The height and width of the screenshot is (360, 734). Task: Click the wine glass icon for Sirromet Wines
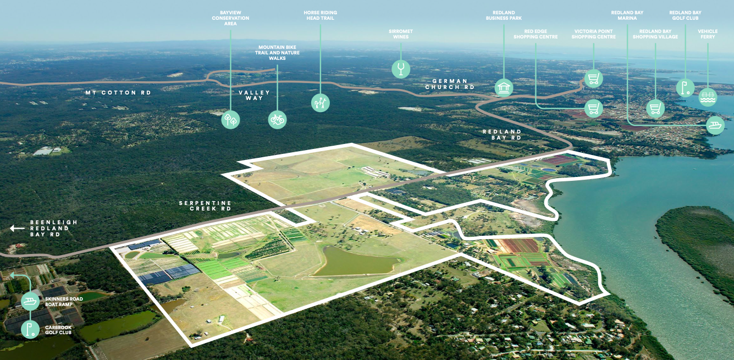click(x=401, y=69)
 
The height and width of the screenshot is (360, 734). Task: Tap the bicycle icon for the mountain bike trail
click(x=277, y=120)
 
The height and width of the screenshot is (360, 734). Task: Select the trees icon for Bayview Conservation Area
click(x=230, y=120)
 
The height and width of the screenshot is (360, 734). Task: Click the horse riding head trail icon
click(x=320, y=103)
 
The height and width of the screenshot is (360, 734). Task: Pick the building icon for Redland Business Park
click(x=504, y=87)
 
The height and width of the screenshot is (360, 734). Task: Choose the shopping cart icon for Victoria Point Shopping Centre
click(x=593, y=79)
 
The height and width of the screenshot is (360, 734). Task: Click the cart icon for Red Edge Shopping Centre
click(x=593, y=108)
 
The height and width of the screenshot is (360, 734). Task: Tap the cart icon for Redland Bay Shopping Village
click(x=655, y=108)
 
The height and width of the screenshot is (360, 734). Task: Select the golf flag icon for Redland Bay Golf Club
click(x=685, y=88)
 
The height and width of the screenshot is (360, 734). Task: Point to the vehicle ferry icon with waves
click(x=708, y=97)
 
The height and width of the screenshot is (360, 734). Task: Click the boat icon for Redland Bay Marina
click(x=715, y=125)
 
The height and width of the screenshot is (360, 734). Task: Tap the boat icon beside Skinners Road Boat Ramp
click(x=30, y=301)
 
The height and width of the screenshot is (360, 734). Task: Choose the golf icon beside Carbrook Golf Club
click(x=30, y=329)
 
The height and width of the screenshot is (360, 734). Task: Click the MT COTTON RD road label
click(x=118, y=93)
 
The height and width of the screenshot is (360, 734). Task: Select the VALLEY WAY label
click(x=254, y=95)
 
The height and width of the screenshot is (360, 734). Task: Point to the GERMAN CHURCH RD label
click(x=450, y=84)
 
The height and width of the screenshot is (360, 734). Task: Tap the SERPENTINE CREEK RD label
click(x=205, y=206)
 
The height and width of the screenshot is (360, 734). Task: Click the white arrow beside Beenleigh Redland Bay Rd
click(x=17, y=228)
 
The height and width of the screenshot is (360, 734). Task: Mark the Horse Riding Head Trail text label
click(x=320, y=15)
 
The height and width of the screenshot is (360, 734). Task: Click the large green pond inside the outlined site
click(x=354, y=262)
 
